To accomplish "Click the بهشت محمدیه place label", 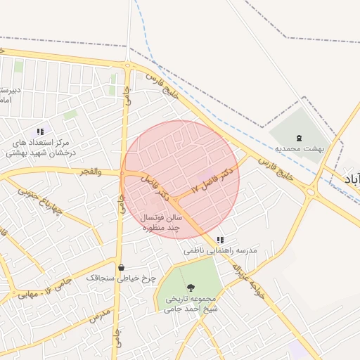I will [x=298, y=149].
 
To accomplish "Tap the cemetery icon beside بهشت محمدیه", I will [x=298, y=138].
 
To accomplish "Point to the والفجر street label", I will [x=91, y=172].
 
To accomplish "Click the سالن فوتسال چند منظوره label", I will [x=162, y=223].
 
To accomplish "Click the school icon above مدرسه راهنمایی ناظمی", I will [x=221, y=240].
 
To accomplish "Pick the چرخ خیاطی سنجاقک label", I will [x=120, y=278].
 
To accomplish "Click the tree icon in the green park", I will [x=190, y=286].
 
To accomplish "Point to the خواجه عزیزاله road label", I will [x=250, y=281].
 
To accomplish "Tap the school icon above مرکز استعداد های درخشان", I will [x=41, y=131].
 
